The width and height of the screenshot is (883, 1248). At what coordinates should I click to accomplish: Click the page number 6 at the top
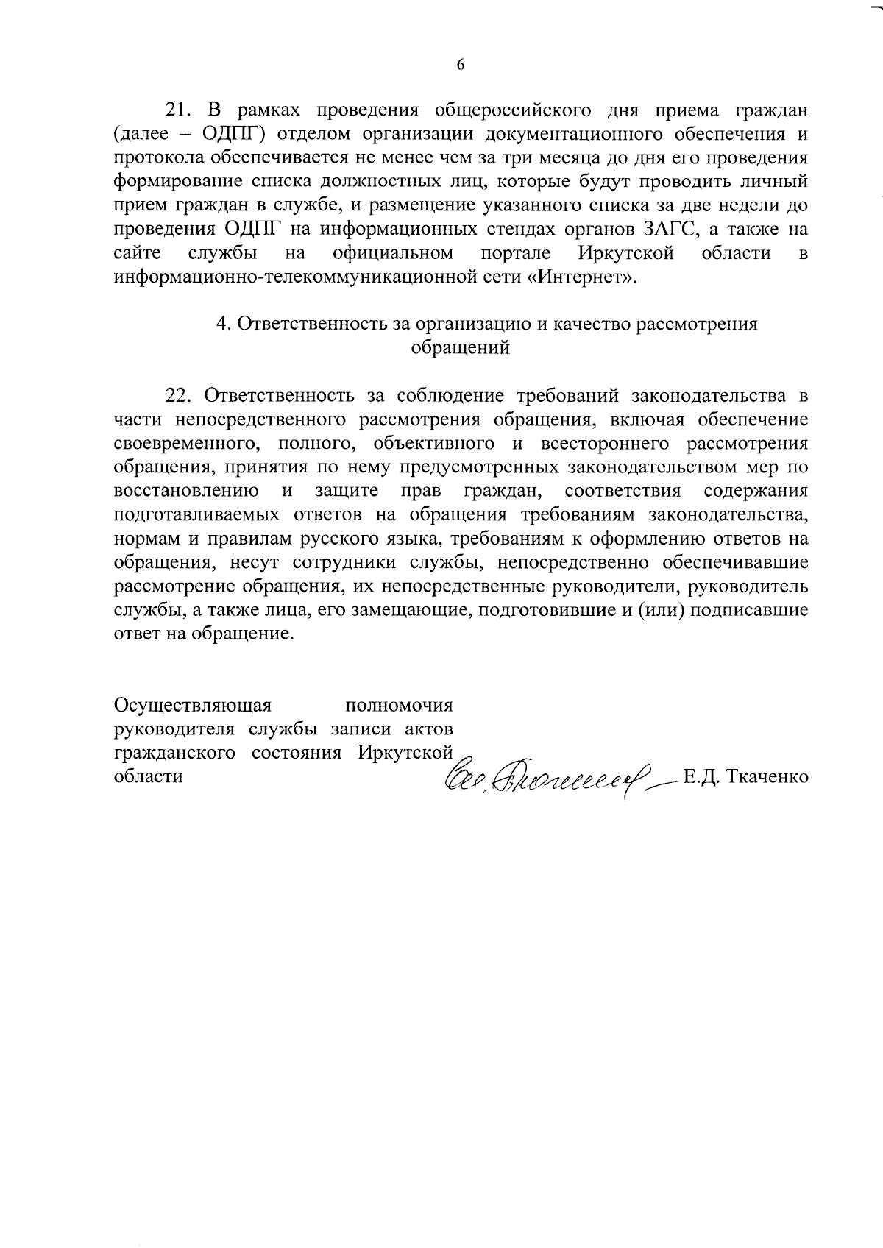pyautogui.click(x=461, y=65)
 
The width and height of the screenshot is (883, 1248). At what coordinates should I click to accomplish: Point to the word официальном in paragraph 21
pyautogui.click(x=392, y=254)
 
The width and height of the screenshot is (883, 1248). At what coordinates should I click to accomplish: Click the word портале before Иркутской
pyautogui.click(x=515, y=254)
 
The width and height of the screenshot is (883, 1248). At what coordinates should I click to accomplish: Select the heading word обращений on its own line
pyautogui.click(x=460, y=348)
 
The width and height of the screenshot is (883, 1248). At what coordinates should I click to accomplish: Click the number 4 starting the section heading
pyautogui.click(x=220, y=325)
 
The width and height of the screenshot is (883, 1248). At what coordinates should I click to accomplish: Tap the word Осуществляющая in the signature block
pyautogui.click(x=193, y=705)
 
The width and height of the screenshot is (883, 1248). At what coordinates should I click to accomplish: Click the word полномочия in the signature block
pyautogui.click(x=399, y=705)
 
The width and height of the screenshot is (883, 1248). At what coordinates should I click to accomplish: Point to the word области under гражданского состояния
pyautogui.click(x=148, y=776)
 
